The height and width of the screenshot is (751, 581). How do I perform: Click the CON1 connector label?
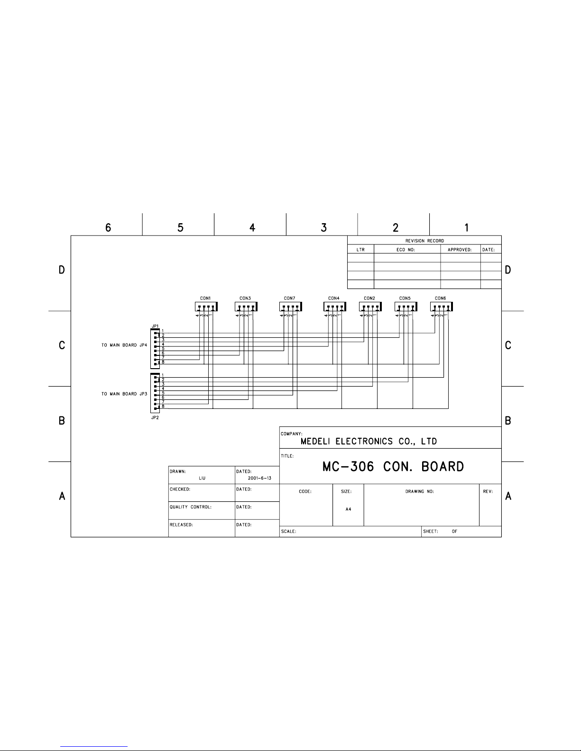[x=205, y=298]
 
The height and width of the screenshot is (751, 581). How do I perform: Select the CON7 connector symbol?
[x=290, y=307]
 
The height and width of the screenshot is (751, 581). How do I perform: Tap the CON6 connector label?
[x=440, y=298]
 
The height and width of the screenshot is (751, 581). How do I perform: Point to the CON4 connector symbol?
[x=335, y=307]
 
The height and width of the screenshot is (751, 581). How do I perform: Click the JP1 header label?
[x=155, y=326]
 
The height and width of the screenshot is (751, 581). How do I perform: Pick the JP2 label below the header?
[x=155, y=417]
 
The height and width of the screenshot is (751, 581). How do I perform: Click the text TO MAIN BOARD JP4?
[x=124, y=345]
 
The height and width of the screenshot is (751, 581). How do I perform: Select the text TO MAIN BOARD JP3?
[x=124, y=394]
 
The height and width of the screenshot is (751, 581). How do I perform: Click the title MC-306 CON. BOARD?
[x=393, y=467]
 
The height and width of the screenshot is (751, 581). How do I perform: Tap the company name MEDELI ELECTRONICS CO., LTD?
[x=369, y=441]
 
